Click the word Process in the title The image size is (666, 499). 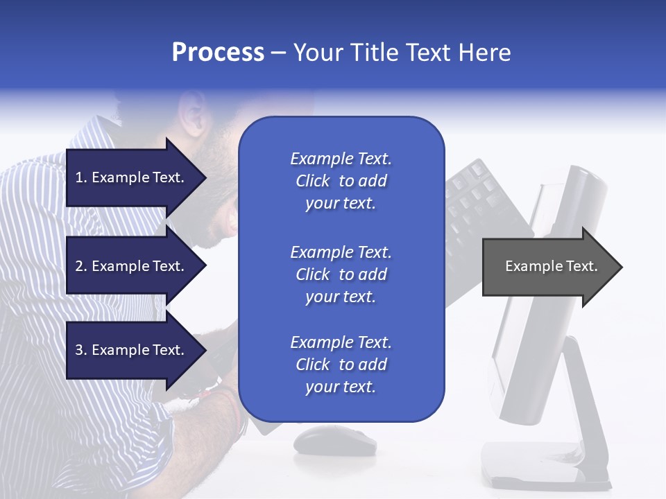218,53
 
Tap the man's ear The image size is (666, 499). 193,114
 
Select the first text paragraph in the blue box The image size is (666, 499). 341,181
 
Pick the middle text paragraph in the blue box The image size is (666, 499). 341,274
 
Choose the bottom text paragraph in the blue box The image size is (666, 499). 341,365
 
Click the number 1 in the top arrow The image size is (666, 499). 80,177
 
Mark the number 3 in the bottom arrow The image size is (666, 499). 80,350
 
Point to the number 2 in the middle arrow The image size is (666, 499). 80,266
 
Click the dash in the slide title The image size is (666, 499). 278,53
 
